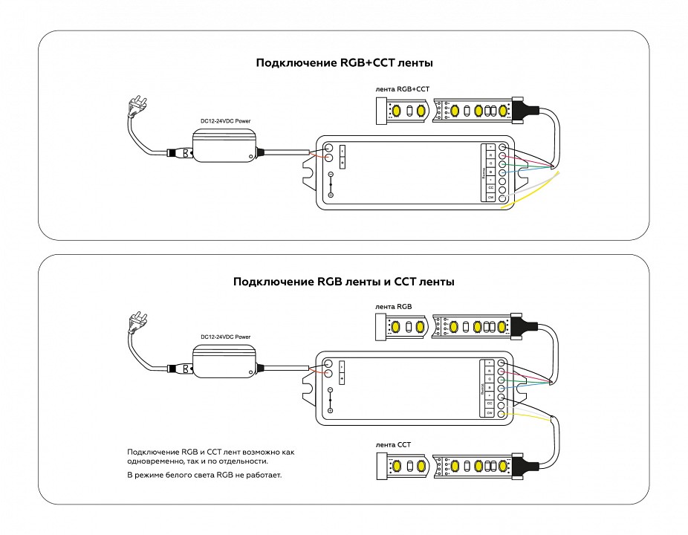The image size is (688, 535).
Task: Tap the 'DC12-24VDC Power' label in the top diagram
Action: tap(225, 120)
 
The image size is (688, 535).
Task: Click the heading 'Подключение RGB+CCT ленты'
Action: tap(344, 64)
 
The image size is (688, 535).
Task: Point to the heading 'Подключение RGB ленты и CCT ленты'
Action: tap(344, 282)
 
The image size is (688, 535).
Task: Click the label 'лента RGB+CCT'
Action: tap(403, 89)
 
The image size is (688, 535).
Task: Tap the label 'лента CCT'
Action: tap(394, 444)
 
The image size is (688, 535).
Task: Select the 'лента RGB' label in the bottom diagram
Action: tap(394, 306)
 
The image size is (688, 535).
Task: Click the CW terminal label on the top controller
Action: tap(490, 197)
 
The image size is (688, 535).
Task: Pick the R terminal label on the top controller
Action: tap(490, 155)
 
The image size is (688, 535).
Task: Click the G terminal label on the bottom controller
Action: tap(490, 379)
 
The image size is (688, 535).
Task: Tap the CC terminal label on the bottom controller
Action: tap(490, 403)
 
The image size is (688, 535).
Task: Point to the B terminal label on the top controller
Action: tap(490, 172)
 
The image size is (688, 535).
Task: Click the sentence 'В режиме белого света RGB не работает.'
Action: tap(205, 474)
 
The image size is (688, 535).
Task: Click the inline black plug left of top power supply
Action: tap(180, 153)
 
